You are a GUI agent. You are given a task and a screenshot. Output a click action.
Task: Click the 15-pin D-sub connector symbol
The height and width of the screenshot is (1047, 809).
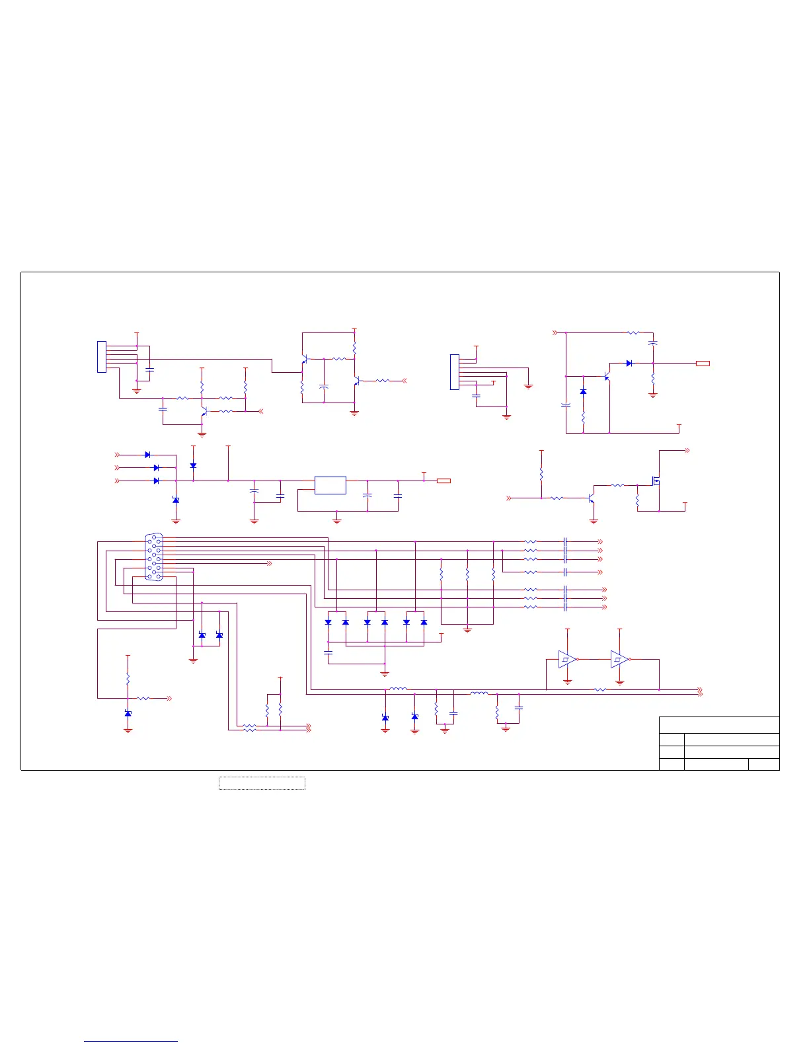coord(154,557)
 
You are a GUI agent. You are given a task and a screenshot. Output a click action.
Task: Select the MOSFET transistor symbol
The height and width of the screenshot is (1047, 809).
coord(656,481)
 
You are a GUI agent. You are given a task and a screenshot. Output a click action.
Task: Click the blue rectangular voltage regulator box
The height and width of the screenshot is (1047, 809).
coord(330,485)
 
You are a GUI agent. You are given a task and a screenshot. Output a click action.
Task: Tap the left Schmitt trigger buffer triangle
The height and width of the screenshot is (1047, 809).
coord(566,659)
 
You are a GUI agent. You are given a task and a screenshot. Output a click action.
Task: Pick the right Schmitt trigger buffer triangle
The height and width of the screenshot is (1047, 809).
coord(619,659)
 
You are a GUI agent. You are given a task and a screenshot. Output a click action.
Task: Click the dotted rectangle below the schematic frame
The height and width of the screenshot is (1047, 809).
coord(262,783)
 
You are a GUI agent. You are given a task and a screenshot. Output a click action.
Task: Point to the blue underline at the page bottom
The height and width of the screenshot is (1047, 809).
coord(131,1041)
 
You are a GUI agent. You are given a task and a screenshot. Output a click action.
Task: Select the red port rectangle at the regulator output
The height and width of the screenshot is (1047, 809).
coord(443,481)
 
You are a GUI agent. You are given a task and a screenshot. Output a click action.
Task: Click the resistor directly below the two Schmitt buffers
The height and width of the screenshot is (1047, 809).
coord(599,690)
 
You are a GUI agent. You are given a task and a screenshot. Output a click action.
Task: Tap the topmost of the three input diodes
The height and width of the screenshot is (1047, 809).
coord(147,455)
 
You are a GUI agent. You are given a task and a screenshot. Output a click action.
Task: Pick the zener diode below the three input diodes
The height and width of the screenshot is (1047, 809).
coord(176,500)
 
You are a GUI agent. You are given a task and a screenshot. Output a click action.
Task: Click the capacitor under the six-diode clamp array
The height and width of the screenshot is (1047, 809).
coord(328,652)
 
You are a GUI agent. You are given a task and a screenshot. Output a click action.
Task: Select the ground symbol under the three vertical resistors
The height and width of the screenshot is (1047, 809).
coord(467,630)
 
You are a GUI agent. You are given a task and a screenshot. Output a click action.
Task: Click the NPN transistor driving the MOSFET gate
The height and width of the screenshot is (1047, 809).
coord(592,497)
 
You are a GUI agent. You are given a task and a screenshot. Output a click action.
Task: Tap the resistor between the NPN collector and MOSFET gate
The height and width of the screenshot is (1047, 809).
coord(617,485)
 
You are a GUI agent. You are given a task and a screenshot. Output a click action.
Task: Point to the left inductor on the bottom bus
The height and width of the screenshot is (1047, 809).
coord(398,689)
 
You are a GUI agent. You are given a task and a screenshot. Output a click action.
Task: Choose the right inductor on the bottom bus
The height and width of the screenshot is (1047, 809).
coord(479,693)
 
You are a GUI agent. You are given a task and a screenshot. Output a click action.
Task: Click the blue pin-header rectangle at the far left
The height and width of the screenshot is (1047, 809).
coord(102,357)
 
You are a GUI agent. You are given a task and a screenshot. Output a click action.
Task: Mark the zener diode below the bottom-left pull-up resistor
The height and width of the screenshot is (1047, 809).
coord(128,713)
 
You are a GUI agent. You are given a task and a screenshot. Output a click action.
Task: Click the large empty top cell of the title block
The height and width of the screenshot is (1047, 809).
coord(719,725)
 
